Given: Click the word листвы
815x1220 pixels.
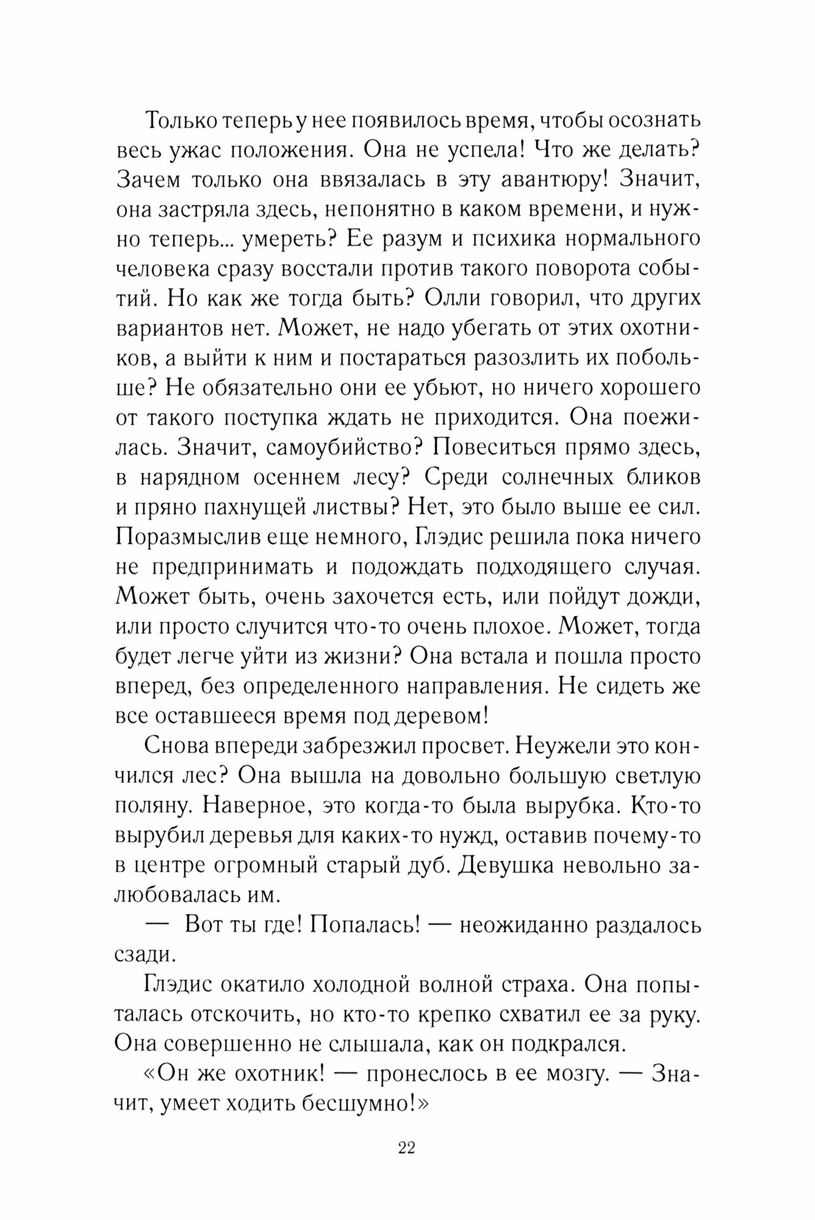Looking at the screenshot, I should (x=364, y=507).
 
